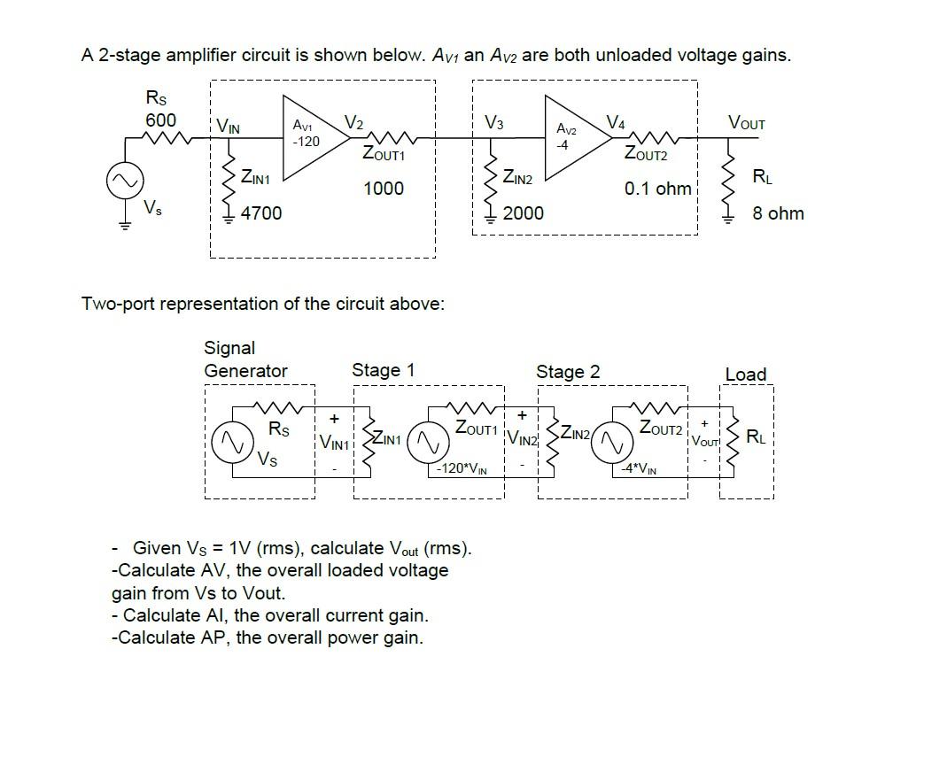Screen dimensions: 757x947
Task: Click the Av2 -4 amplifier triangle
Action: [563, 137]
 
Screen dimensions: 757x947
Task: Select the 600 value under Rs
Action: [160, 120]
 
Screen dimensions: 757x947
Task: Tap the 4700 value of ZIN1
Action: [261, 213]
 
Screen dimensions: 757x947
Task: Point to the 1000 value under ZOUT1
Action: [383, 189]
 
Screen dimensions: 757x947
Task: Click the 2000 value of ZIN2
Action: [523, 213]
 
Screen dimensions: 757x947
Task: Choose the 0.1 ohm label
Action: [657, 189]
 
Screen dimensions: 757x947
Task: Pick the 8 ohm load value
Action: [778, 213]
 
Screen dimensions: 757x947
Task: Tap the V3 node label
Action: [494, 123]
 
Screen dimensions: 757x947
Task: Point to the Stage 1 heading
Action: [383, 370]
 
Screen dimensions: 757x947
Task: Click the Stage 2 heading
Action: [567, 372]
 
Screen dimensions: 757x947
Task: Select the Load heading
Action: [745, 375]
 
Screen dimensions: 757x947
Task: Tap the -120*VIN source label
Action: [462, 468]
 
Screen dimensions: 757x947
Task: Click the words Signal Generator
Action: [245, 359]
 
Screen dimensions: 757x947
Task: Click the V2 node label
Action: [353, 121]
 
